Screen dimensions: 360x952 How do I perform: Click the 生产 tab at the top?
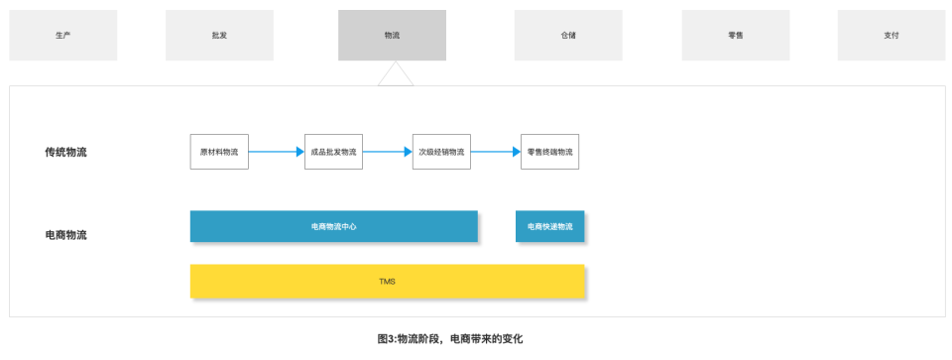(62, 35)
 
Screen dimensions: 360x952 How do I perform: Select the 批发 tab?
(219, 35)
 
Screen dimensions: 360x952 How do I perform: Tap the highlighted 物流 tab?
(392, 35)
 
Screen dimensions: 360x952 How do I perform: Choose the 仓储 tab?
(567, 35)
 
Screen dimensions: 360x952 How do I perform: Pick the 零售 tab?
(735, 35)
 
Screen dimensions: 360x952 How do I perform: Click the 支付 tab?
(891, 35)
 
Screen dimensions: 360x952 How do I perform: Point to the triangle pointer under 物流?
(395, 74)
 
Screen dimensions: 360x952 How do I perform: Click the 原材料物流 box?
(219, 152)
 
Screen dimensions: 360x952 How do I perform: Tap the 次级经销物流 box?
(441, 152)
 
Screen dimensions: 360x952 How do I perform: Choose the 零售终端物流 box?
(549, 152)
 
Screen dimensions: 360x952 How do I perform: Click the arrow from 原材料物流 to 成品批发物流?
(276, 152)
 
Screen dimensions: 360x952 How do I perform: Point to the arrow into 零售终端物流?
(495, 152)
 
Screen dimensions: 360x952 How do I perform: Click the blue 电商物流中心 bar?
(333, 226)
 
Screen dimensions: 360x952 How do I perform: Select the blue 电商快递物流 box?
(549, 226)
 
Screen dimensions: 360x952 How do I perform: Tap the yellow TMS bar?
(387, 281)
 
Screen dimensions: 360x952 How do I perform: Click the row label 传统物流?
(65, 152)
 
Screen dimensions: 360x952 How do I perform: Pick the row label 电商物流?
(65, 235)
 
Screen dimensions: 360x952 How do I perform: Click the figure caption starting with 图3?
(449, 338)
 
